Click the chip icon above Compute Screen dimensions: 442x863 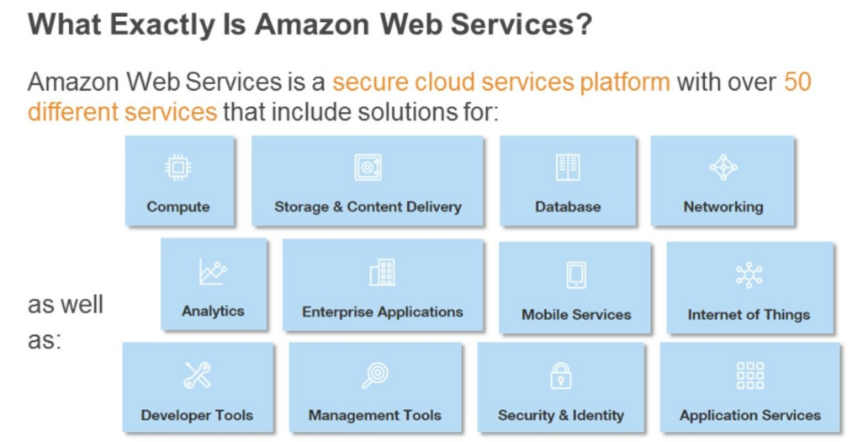[x=177, y=168]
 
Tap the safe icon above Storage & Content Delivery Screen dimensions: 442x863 [x=368, y=168]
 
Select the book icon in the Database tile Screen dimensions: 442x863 [x=568, y=168]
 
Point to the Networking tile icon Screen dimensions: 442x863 [x=723, y=168]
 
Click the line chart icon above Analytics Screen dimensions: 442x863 [x=213, y=272]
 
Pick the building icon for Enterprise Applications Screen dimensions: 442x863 [x=382, y=273]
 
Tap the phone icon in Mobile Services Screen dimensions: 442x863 [x=576, y=275]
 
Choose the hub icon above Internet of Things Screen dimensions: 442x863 [x=749, y=275]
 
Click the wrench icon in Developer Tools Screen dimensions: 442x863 [x=197, y=375]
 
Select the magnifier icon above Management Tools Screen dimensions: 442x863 [x=374, y=375]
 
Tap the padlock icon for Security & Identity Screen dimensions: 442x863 [x=560, y=375]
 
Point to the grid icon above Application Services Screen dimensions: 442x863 [x=749, y=375]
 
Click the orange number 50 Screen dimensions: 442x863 [x=797, y=83]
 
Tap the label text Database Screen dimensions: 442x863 [x=568, y=206]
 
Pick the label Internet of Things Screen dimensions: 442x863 [x=749, y=315]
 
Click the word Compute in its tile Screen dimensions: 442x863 [x=177, y=206]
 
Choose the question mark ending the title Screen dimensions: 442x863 [x=584, y=25]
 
